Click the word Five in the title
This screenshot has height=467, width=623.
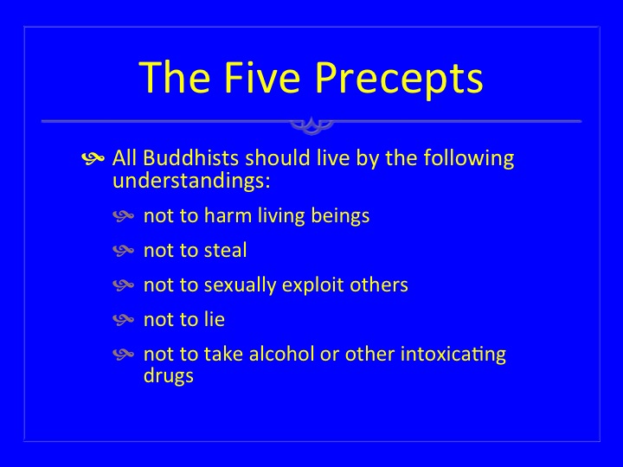(262, 77)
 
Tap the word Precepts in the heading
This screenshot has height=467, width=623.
(399, 80)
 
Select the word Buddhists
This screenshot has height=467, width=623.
(190, 157)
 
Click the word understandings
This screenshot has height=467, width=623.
(191, 181)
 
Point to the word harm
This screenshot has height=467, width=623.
(228, 215)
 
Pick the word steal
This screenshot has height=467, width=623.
(225, 250)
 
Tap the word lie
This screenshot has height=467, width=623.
(215, 319)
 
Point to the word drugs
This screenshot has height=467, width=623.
(169, 376)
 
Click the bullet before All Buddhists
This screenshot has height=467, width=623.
(93, 158)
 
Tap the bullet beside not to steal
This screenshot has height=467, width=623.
(124, 250)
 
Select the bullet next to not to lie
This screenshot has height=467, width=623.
(124, 319)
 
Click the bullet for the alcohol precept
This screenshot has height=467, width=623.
(124, 354)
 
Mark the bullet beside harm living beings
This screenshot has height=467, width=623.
(124, 215)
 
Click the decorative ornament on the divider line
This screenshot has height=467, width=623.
(311, 125)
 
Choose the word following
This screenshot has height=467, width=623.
(469, 159)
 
